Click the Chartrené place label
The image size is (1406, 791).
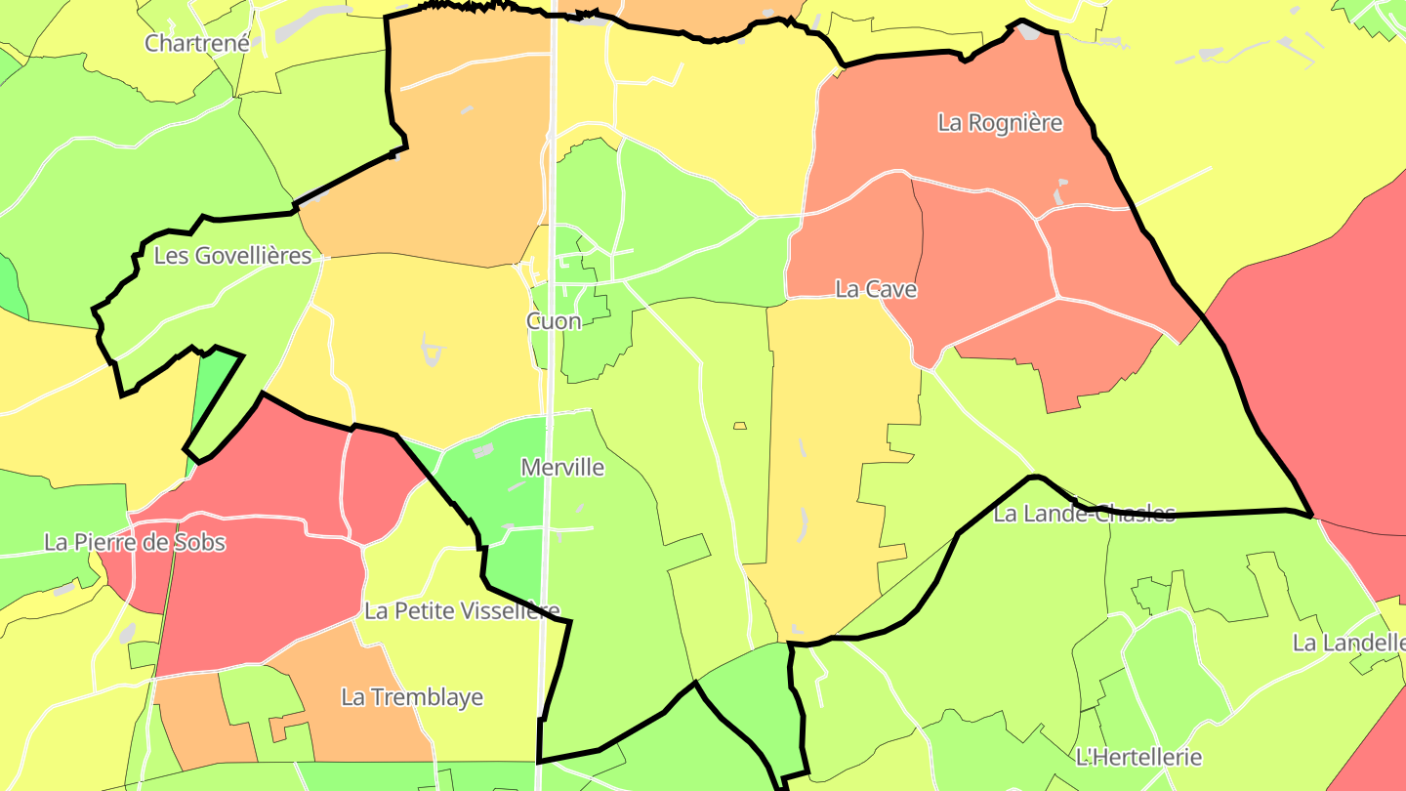click(197, 43)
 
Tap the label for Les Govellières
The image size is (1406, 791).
click(232, 256)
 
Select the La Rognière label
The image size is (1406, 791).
click(1000, 123)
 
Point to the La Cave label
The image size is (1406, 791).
click(876, 289)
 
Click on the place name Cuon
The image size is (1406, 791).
click(554, 321)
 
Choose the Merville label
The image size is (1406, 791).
click(562, 468)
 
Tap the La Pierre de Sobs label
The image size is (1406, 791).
click(135, 543)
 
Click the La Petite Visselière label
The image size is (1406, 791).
click(462, 611)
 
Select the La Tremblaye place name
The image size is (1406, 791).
click(412, 697)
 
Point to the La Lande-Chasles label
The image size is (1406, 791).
click(1084, 515)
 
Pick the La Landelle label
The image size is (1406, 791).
click(1347, 644)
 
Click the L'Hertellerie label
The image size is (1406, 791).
click(1137, 757)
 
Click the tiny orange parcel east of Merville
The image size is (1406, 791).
click(740, 426)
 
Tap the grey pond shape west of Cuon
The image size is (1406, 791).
click(430, 346)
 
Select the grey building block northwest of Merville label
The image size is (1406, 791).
click(482, 452)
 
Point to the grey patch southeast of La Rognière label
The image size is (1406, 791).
click(1061, 190)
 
